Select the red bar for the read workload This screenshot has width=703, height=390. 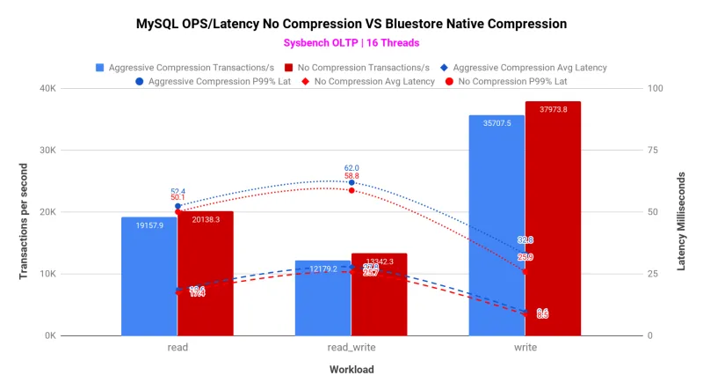coord(206,273)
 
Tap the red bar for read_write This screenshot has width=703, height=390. coord(379,299)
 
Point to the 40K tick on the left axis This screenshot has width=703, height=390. coord(46,89)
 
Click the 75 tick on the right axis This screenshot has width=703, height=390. coord(653,151)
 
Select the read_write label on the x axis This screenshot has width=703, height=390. coord(351,348)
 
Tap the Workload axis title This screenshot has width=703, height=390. coord(351,369)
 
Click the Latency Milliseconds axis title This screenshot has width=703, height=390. coord(681,212)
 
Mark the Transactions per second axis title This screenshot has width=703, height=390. coord(24,212)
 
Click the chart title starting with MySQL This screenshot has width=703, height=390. coord(351,23)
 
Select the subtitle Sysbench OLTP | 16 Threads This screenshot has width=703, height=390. coord(351,42)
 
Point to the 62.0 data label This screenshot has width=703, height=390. coord(351,167)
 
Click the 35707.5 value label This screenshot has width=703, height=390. coord(496,123)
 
